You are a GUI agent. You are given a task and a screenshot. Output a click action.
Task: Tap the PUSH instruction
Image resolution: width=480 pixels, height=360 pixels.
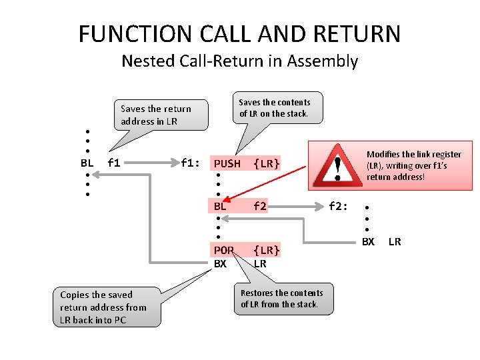point(227,163)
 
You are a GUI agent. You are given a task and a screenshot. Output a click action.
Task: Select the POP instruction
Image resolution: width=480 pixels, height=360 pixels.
point(224,250)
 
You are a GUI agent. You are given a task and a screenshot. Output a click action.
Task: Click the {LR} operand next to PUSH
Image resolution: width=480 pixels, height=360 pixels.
point(267,163)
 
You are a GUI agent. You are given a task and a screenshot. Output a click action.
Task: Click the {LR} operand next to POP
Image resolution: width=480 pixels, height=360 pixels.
point(267,250)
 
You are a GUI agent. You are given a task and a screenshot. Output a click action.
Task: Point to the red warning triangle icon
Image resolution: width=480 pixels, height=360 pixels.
point(338,165)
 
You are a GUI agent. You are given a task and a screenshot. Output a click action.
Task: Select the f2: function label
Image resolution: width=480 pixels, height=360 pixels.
point(338,207)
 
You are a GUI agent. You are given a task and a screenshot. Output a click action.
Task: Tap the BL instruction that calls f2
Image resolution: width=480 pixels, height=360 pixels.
point(220,207)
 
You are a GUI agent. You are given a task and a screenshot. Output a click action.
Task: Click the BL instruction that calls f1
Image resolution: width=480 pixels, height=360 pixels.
point(87,162)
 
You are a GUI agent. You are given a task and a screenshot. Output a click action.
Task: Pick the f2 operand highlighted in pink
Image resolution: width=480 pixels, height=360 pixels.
point(260,207)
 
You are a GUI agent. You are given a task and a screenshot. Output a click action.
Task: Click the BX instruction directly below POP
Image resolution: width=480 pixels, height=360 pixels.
point(221,263)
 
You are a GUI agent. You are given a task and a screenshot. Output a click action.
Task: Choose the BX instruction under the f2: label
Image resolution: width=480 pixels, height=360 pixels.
point(368,241)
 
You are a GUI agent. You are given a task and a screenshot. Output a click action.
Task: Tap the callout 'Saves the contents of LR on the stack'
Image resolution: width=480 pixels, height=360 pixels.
point(275,107)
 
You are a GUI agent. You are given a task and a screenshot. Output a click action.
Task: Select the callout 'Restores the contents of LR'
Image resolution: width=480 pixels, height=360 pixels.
point(281,299)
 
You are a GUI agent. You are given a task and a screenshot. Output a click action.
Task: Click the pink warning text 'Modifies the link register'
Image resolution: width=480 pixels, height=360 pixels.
point(413,165)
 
